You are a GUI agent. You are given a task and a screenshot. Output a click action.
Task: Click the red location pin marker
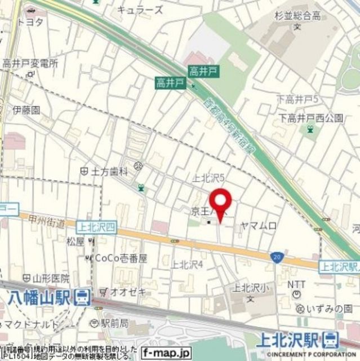coord(220,204)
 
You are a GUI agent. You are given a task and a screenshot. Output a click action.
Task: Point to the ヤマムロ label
coord(259,226)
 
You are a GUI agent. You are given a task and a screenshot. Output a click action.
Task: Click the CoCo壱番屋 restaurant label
coord(118,258)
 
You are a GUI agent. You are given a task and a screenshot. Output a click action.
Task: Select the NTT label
coord(297,285)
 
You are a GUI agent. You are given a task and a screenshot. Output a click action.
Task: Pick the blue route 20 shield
coord(275,257)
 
